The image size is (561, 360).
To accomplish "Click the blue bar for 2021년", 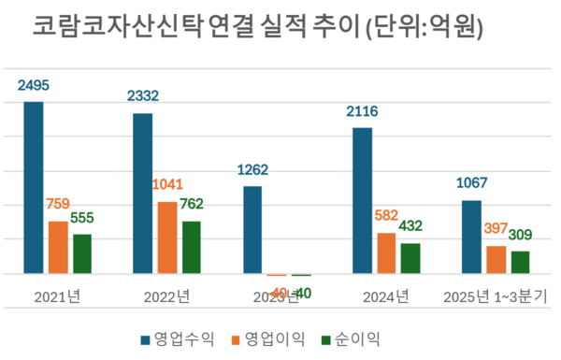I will tap(34, 188).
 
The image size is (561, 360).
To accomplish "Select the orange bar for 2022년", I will tap(166, 238).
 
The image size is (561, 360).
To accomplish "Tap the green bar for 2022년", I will tap(191, 248).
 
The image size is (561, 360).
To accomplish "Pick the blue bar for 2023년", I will tap(252, 230).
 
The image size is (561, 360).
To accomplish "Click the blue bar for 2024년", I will tap(362, 200).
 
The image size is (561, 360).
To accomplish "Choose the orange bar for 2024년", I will tap(386, 253).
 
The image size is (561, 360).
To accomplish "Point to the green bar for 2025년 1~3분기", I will tap(520, 263).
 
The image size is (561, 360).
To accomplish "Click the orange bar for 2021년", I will tap(58, 248).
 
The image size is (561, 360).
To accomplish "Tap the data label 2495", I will tap(34, 85).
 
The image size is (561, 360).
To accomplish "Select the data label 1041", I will tap(166, 184).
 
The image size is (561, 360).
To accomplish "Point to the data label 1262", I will tap(252, 169).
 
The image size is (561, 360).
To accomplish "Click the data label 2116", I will tap(362, 111).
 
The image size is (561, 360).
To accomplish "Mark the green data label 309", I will tap(521, 235).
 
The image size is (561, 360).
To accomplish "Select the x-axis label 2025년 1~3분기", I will tap(496, 297).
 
